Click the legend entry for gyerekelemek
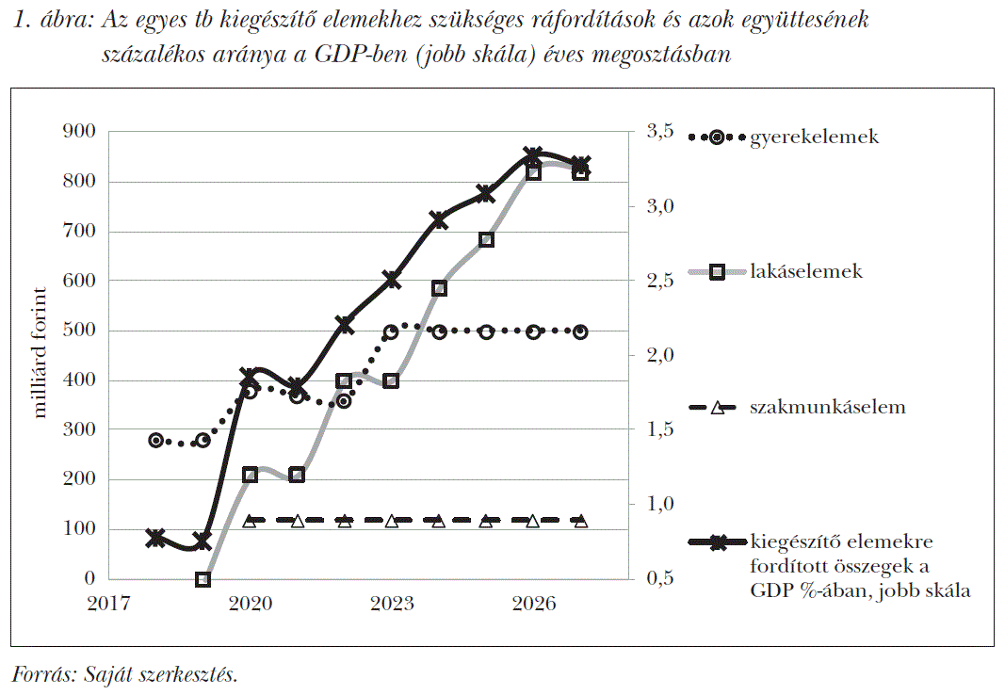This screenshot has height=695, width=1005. click(814, 137)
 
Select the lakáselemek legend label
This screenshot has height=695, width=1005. click(806, 272)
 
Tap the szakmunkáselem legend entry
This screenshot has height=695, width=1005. click(827, 408)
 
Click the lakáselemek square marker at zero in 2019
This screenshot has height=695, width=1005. click(203, 579)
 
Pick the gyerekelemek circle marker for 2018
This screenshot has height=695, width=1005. click(156, 441)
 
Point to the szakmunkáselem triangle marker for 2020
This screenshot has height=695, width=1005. click(250, 521)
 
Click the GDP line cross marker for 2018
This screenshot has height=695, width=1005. click(156, 539)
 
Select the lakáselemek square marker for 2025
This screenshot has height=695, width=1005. click(486, 239)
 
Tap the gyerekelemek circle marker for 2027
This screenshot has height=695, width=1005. click(580, 331)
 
